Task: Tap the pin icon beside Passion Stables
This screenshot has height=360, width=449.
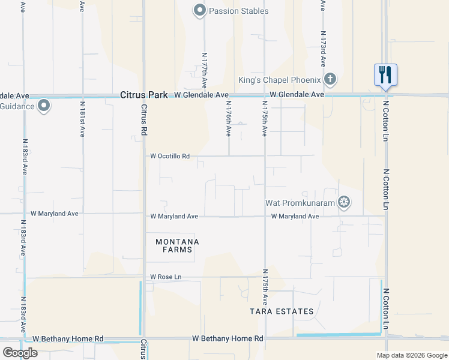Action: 199,10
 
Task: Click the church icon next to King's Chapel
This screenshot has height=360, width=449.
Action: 330,79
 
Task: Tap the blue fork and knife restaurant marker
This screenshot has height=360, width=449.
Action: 385,75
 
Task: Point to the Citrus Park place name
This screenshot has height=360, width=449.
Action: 145,95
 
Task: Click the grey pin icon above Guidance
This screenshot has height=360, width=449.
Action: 44,106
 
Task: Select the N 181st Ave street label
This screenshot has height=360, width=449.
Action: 82,120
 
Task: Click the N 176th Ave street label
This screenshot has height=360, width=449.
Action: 229,119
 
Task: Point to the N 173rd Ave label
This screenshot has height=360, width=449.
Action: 323,53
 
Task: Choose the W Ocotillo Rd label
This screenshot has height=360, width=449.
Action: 170,156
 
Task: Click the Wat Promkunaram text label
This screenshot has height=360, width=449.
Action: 300,203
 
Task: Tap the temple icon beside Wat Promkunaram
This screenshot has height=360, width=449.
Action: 344,202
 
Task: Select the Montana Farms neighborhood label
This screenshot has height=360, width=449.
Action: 177,246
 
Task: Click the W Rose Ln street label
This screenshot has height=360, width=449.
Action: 166,277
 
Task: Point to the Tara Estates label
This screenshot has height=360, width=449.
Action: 282,311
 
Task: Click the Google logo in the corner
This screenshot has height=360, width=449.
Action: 20,352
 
